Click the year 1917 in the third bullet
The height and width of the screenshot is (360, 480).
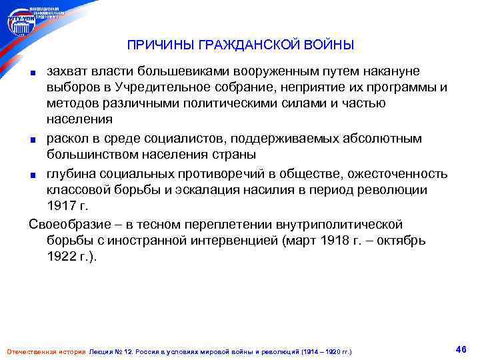(61, 207)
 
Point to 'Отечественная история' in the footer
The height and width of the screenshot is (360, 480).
(45, 351)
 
